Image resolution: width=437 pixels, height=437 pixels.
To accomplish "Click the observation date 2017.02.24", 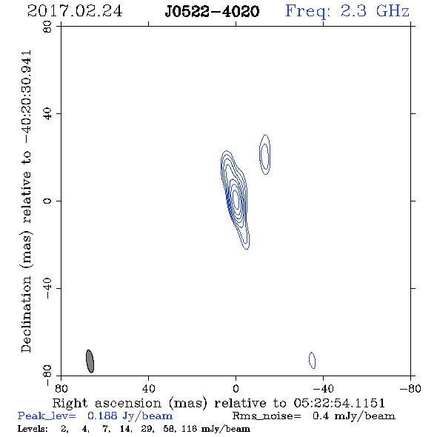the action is [75, 11].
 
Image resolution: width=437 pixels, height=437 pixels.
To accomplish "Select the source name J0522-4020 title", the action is [212, 11].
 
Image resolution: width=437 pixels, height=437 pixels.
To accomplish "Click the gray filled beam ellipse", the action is [90, 361].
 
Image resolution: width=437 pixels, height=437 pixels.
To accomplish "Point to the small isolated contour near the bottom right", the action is [312, 361].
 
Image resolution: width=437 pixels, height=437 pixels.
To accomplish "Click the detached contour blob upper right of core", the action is [264, 154].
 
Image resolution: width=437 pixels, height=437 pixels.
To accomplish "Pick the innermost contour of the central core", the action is [236, 199].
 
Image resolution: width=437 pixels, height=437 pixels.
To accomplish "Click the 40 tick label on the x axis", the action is [148, 389].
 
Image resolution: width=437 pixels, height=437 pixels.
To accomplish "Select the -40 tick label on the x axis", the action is [323, 389].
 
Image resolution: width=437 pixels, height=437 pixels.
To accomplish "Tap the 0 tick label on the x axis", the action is [236, 389].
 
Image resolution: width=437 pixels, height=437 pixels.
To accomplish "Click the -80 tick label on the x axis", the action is [410, 389].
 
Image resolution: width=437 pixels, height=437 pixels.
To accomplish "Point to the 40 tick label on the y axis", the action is [47, 114].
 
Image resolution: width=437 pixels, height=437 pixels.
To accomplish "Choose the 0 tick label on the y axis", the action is [47, 201].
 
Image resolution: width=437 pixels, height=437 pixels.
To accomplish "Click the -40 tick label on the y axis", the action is [47, 288].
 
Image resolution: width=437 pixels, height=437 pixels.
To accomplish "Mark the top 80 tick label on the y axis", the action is [47, 27].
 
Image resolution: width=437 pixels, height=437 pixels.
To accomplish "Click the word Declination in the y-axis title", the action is [26, 314].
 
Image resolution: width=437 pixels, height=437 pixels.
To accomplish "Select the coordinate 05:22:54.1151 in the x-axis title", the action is [339, 403].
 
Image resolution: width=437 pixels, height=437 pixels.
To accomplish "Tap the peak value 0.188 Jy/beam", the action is [130, 416].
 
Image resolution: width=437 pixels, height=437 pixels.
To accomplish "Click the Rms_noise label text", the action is [267, 416].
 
